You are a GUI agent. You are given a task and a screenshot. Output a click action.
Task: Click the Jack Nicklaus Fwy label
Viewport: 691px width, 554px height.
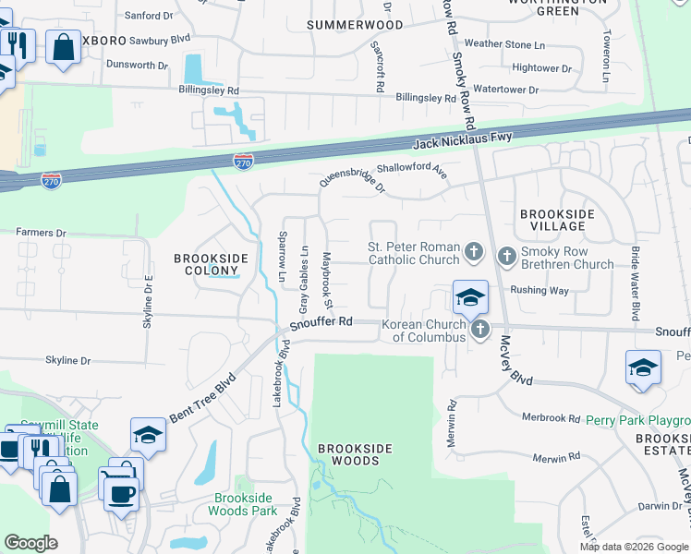tap(462, 141)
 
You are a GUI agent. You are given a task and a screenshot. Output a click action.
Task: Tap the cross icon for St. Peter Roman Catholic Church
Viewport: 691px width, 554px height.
tap(473, 250)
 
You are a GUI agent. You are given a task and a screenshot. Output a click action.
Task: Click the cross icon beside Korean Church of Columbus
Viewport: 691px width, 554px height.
tap(479, 329)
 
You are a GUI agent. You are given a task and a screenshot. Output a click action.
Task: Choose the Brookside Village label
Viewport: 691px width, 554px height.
tap(558, 220)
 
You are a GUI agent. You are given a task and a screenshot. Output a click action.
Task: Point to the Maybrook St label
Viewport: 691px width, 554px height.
tap(327, 281)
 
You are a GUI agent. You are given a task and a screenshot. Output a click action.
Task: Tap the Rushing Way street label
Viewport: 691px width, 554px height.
tap(540, 290)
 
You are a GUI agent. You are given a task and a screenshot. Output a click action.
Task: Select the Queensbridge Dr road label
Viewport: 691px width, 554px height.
tap(352, 171)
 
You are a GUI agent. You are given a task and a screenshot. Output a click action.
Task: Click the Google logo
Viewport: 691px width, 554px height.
tap(30, 543)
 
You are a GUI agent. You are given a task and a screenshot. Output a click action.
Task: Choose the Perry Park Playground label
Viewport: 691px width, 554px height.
tap(638, 419)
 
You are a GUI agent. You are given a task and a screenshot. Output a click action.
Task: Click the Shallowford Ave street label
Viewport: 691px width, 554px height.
tap(413, 170)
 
